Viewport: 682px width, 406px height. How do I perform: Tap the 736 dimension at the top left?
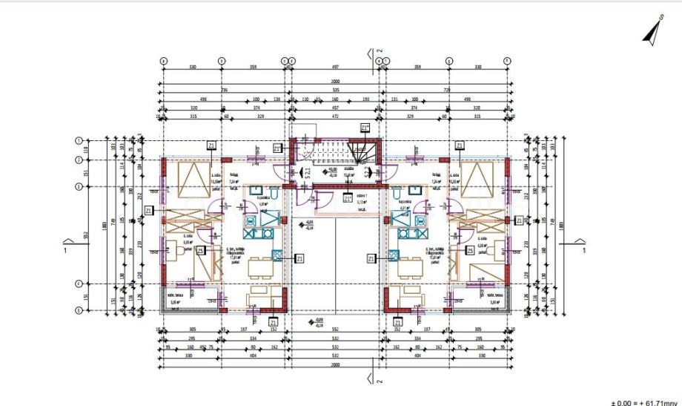click(x=225, y=90)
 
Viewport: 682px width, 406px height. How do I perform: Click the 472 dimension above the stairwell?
click(x=334, y=116)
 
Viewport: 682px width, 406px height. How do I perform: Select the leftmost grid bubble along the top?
click(x=164, y=60)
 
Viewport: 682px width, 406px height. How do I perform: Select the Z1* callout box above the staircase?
click(x=364, y=128)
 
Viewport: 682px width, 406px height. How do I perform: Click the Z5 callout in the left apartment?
click(x=201, y=251)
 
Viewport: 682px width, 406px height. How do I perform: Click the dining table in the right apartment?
click(x=407, y=266)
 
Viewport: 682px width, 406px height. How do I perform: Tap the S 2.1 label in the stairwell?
click(x=307, y=175)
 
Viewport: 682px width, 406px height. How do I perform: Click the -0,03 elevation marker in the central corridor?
click(x=308, y=223)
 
